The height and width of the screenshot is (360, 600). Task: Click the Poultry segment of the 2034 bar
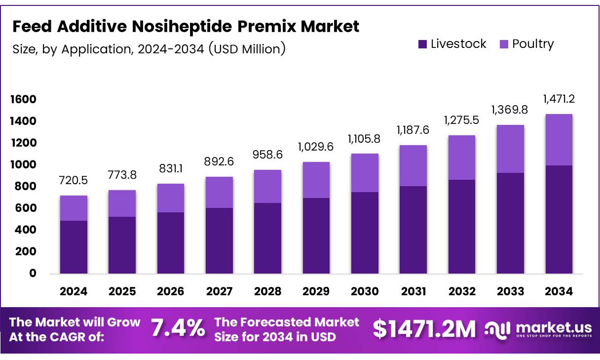click(x=559, y=140)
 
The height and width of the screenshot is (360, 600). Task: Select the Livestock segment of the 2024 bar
click(x=74, y=247)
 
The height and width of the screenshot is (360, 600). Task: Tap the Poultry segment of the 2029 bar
click(x=316, y=180)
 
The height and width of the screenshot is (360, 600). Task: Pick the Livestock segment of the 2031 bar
click(x=413, y=230)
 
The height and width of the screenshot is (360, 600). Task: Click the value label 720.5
click(x=74, y=181)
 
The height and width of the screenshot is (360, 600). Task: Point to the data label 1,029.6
click(x=316, y=147)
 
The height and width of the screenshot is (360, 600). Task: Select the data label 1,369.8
click(x=510, y=110)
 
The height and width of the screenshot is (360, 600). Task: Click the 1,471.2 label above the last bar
click(x=559, y=99)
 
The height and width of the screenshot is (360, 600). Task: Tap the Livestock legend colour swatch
click(x=422, y=44)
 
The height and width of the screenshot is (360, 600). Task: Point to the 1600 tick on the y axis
click(x=23, y=100)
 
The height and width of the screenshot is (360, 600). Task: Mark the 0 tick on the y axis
click(x=33, y=273)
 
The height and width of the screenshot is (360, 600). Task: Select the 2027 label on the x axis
click(x=219, y=291)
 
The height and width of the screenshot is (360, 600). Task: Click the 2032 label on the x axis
click(x=462, y=291)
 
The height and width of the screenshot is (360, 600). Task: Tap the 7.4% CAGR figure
click(x=178, y=328)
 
